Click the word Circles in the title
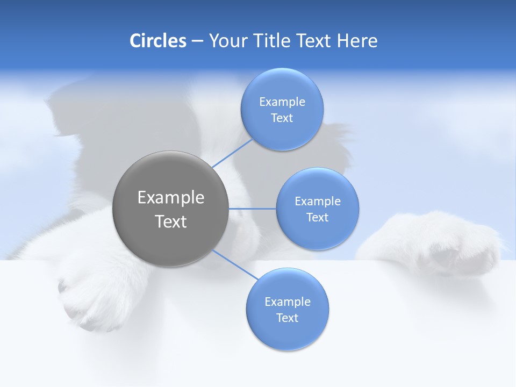[x=157, y=41]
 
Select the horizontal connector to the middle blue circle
[x=252, y=209]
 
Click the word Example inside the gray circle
[x=171, y=198]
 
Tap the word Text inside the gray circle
[x=171, y=221]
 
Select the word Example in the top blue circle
[x=282, y=102]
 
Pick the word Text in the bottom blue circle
[x=288, y=318]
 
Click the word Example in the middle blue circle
[x=318, y=202]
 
